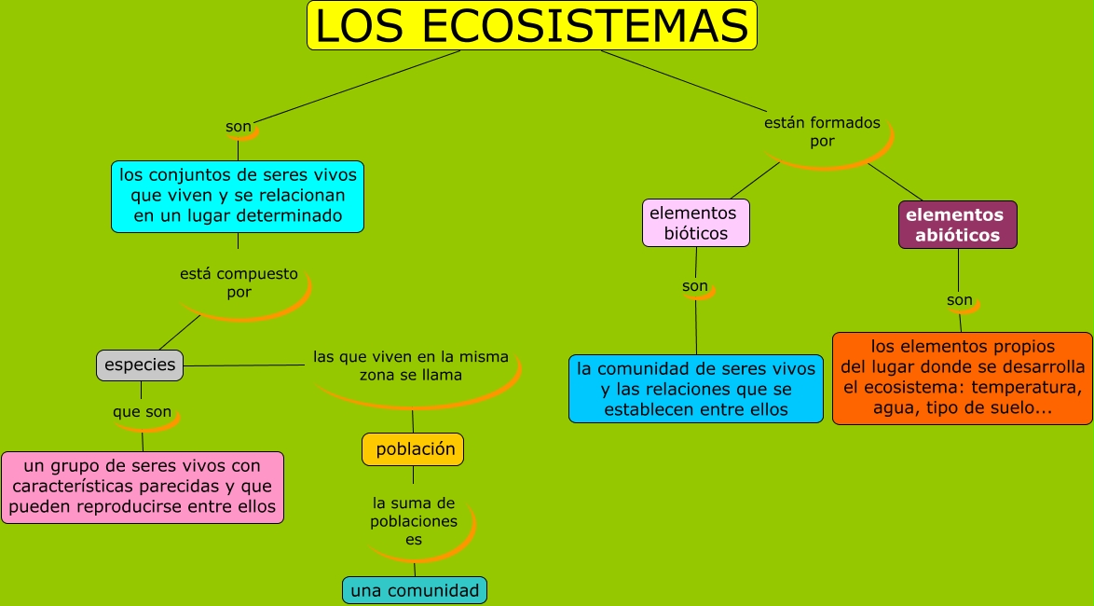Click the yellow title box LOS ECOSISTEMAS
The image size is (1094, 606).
click(532, 26)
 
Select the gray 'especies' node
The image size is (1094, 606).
click(140, 365)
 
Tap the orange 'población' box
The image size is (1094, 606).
click(413, 449)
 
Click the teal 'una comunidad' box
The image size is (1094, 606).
click(415, 590)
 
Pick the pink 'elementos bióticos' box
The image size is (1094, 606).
click(696, 224)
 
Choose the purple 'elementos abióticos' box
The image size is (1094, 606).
click(957, 226)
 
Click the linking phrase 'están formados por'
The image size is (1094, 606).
click(821, 131)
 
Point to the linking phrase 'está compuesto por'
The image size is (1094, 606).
click(239, 282)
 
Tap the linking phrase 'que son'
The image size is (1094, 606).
click(142, 411)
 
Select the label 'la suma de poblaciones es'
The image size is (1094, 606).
click(414, 521)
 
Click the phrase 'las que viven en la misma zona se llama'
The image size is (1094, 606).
click(411, 365)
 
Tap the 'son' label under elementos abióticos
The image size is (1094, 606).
click(960, 300)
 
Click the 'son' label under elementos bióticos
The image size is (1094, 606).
click(695, 286)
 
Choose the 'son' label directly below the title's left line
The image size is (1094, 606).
click(239, 127)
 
